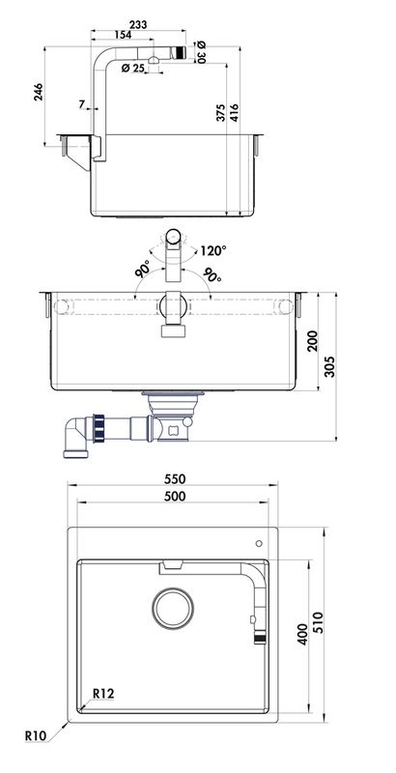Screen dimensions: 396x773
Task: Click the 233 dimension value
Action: tap(138, 24)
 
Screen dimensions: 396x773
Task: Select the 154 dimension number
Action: tap(123, 35)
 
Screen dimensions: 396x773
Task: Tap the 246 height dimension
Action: tap(38, 92)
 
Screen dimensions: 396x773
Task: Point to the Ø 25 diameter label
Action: tap(132, 68)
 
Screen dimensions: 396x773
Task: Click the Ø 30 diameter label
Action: tap(201, 52)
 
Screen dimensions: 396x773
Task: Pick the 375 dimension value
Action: tap(220, 113)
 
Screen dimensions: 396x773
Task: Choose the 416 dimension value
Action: tap(234, 113)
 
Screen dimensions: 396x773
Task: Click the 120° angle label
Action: tap(213, 250)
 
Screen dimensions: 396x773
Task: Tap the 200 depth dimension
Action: tap(313, 341)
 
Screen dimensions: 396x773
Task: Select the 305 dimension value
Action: tap(329, 367)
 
